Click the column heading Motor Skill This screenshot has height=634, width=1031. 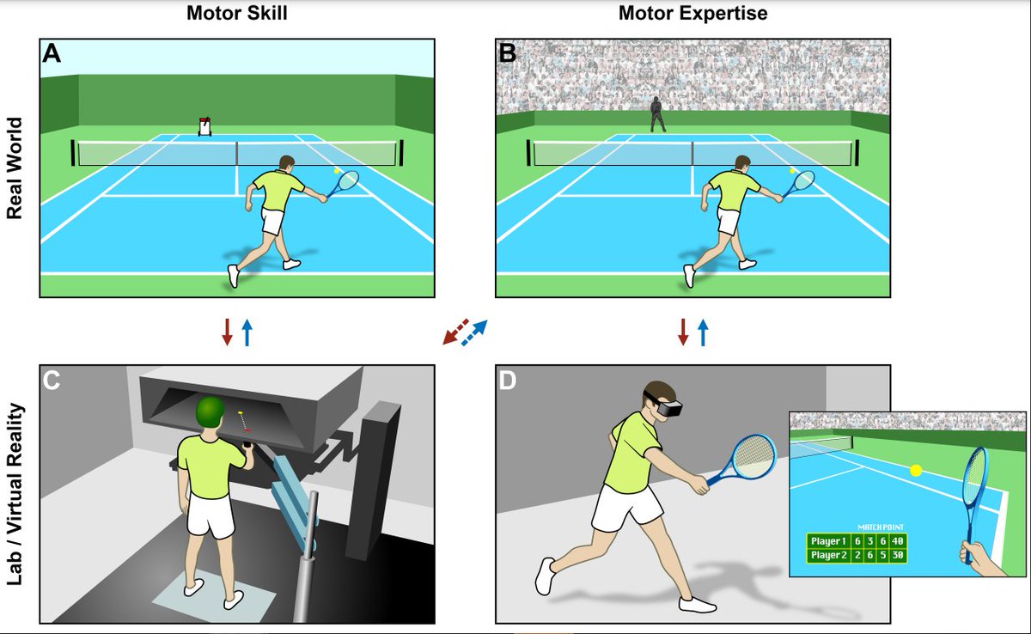236,15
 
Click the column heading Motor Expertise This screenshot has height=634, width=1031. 692,15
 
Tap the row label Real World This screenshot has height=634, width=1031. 15,169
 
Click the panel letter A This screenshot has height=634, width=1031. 51,56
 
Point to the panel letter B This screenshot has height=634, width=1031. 507,56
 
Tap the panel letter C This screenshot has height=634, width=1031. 52,381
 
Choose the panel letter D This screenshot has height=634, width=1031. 508,381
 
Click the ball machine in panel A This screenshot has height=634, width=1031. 204,126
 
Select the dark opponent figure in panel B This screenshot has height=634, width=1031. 657,114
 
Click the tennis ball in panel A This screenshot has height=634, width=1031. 337,170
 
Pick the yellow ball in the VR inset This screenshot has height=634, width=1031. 916,471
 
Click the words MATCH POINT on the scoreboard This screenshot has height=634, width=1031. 881,527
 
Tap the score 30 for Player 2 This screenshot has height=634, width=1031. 897,555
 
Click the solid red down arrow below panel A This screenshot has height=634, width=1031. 227,332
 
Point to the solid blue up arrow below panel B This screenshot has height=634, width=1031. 702,332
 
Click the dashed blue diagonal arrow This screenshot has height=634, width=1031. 473,332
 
